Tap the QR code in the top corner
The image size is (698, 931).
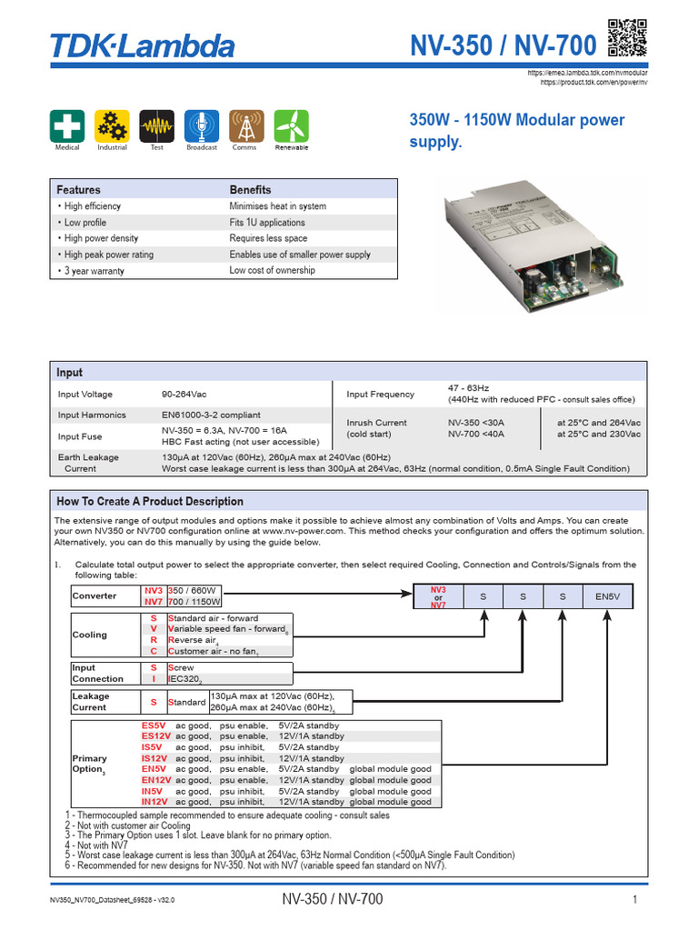[x=627, y=38]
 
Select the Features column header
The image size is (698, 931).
[x=79, y=190]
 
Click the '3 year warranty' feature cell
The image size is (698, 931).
[x=95, y=271]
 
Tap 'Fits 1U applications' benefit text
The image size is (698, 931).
[x=267, y=223]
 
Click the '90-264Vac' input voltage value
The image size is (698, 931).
[x=185, y=394]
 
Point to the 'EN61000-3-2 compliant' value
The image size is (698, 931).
[x=211, y=415]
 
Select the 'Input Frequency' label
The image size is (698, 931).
[x=380, y=394]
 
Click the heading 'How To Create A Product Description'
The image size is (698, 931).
[x=150, y=501]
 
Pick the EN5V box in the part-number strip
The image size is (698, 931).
[x=607, y=597]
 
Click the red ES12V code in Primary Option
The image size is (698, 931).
[x=155, y=736]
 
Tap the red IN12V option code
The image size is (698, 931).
[x=155, y=802]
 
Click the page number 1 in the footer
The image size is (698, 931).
[x=633, y=900]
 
